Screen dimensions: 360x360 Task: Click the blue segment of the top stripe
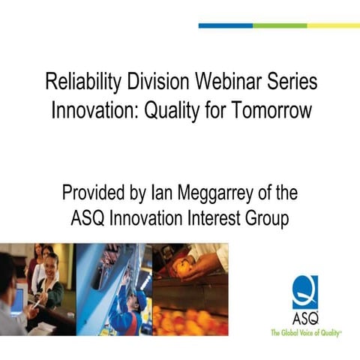(225, 25)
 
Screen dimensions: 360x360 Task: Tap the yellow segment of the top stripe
(333, 25)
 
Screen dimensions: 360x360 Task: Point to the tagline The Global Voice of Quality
(307, 330)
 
